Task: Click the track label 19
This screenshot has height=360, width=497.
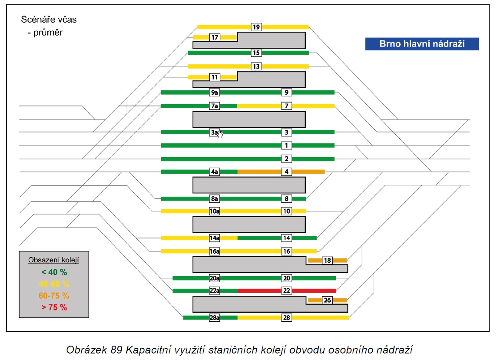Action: click(x=256, y=27)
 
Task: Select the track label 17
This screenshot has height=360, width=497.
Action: click(x=215, y=37)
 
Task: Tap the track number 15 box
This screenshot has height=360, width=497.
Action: click(x=256, y=53)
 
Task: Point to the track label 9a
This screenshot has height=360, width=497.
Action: click(x=215, y=92)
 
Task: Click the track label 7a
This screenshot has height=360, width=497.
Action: click(x=215, y=106)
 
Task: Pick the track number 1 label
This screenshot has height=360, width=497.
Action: click(x=287, y=145)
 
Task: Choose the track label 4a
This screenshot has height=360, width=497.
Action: click(x=215, y=172)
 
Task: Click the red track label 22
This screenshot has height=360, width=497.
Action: click(x=287, y=291)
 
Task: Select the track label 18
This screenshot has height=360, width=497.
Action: click(x=328, y=261)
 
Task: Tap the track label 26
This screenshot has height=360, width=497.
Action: click(x=328, y=300)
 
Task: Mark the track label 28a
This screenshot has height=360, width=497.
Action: click(x=215, y=317)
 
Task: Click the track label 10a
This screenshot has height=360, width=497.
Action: click(x=215, y=211)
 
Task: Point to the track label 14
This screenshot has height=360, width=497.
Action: click(x=287, y=238)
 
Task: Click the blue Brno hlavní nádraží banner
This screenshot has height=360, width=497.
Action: click(x=422, y=44)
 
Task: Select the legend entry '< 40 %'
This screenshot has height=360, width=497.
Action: click(x=54, y=272)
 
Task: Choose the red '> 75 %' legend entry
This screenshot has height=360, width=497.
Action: click(x=54, y=307)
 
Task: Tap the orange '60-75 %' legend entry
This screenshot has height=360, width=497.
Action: click(x=54, y=296)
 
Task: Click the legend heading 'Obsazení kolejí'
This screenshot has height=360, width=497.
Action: click(x=53, y=260)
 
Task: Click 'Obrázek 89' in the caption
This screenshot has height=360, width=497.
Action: click(x=94, y=350)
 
